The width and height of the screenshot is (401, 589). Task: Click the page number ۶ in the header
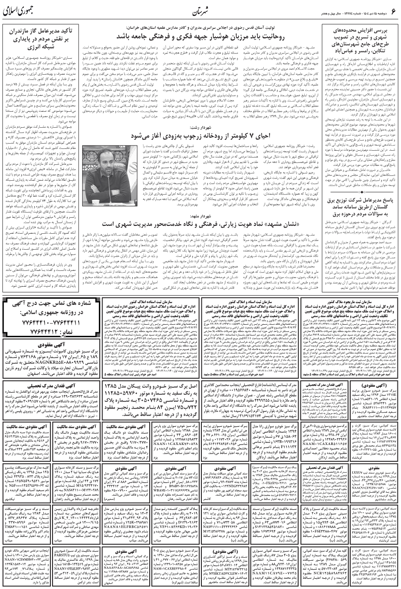(x=392, y=10)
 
